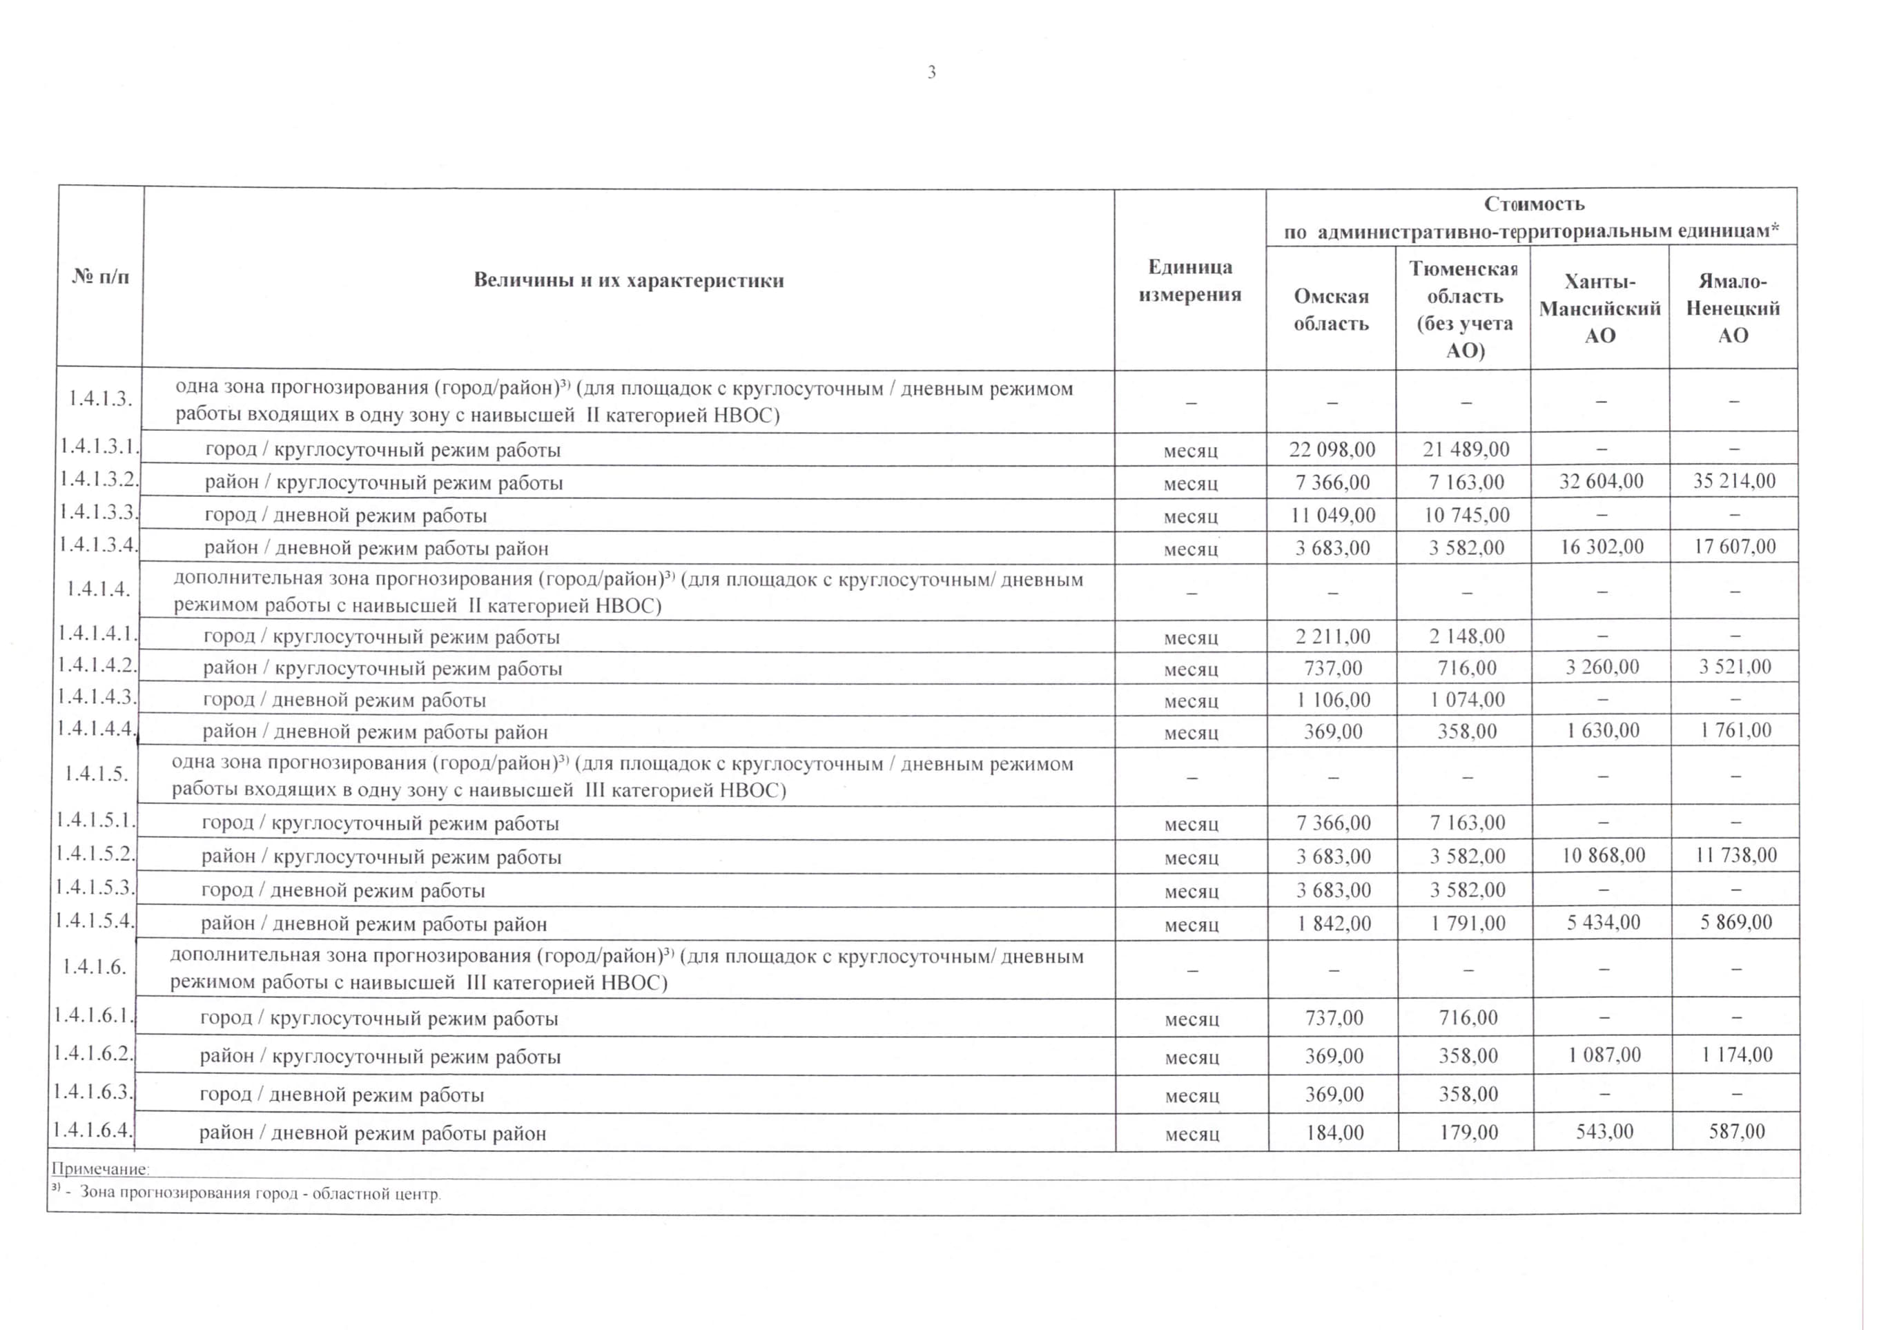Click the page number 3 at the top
coord(931,72)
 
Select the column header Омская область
coord(1330,309)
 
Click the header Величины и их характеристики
coord(628,280)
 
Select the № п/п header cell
coord(100,276)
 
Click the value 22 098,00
coord(1332,449)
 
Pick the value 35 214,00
coord(1733,481)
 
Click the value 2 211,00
coord(1332,636)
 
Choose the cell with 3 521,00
coord(1734,667)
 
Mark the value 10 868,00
coord(1602,855)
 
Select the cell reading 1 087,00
coord(1603,1055)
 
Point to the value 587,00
coord(1737,1131)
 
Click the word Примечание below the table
coord(100,1169)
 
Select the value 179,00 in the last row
coord(1468,1132)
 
